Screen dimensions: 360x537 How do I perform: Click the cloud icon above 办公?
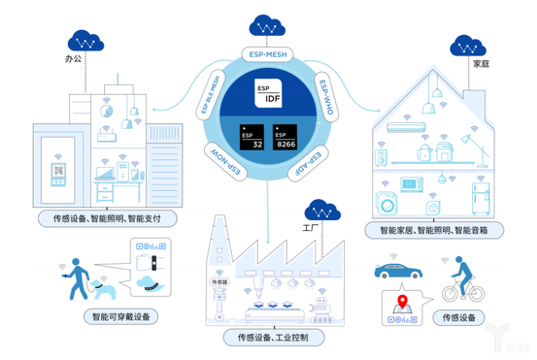pos(88,42)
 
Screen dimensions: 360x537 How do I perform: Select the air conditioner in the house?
pos(402,126)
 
